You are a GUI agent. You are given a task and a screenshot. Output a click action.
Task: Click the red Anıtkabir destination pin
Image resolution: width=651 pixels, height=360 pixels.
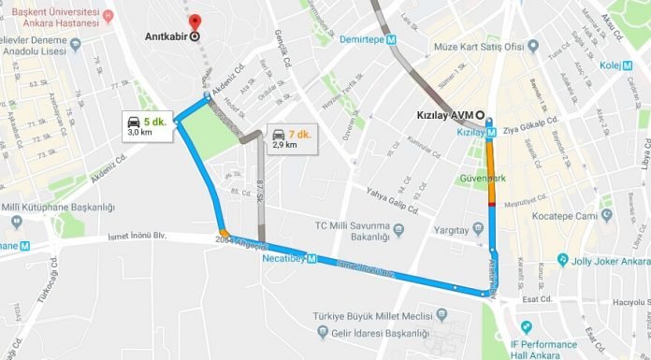pos(195,22)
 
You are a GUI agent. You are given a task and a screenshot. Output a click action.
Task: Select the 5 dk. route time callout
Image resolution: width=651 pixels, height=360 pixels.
pos(148,126)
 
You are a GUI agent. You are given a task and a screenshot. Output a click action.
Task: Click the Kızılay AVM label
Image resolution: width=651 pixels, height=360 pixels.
pos(444,117)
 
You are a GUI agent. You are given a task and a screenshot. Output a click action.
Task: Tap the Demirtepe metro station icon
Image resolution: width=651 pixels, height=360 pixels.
pos(394,41)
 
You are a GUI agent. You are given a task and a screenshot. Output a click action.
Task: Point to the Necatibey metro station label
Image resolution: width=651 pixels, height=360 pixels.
pos(282,258)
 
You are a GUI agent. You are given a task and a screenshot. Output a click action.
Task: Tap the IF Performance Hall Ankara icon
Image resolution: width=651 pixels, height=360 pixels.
pos(526,326)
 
